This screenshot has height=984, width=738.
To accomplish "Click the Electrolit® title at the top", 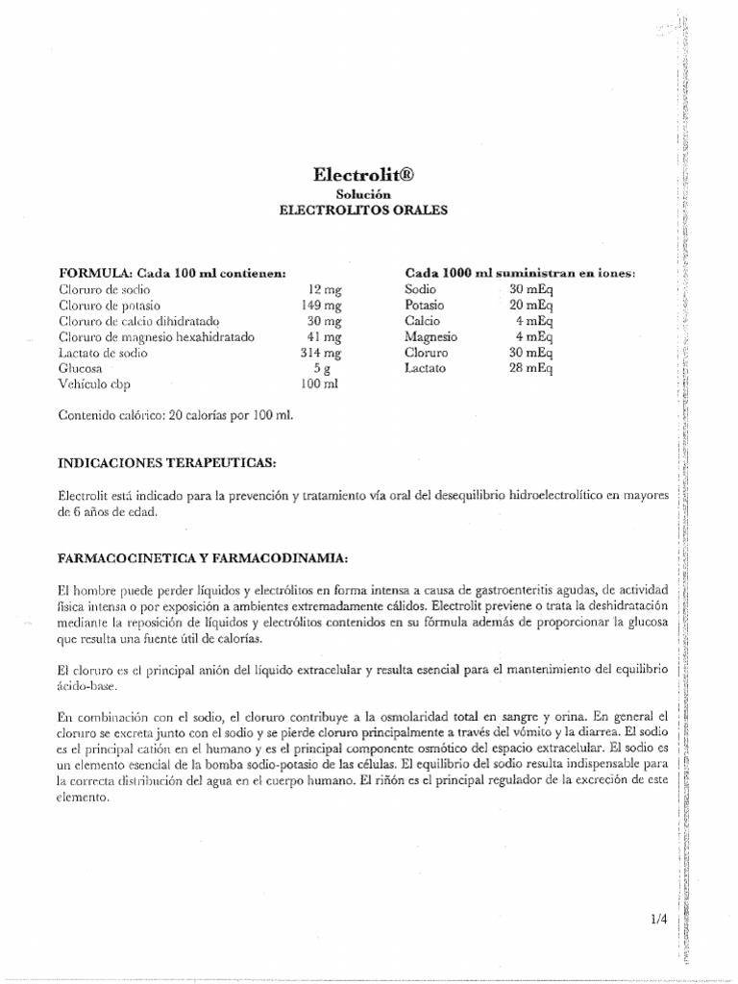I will click(x=368, y=175).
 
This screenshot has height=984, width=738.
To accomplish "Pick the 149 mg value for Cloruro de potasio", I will click(x=322, y=305).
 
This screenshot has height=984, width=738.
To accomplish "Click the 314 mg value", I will click(x=322, y=353).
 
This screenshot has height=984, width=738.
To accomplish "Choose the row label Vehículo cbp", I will click(x=96, y=384).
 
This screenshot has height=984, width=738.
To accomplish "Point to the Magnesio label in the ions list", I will click(x=431, y=336).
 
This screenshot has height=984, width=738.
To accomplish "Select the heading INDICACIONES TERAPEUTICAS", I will click(x=167, y=463).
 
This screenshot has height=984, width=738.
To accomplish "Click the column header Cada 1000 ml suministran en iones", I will click(x=520, y=273).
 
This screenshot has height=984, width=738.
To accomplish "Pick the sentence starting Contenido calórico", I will click(x=175, y=415).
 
